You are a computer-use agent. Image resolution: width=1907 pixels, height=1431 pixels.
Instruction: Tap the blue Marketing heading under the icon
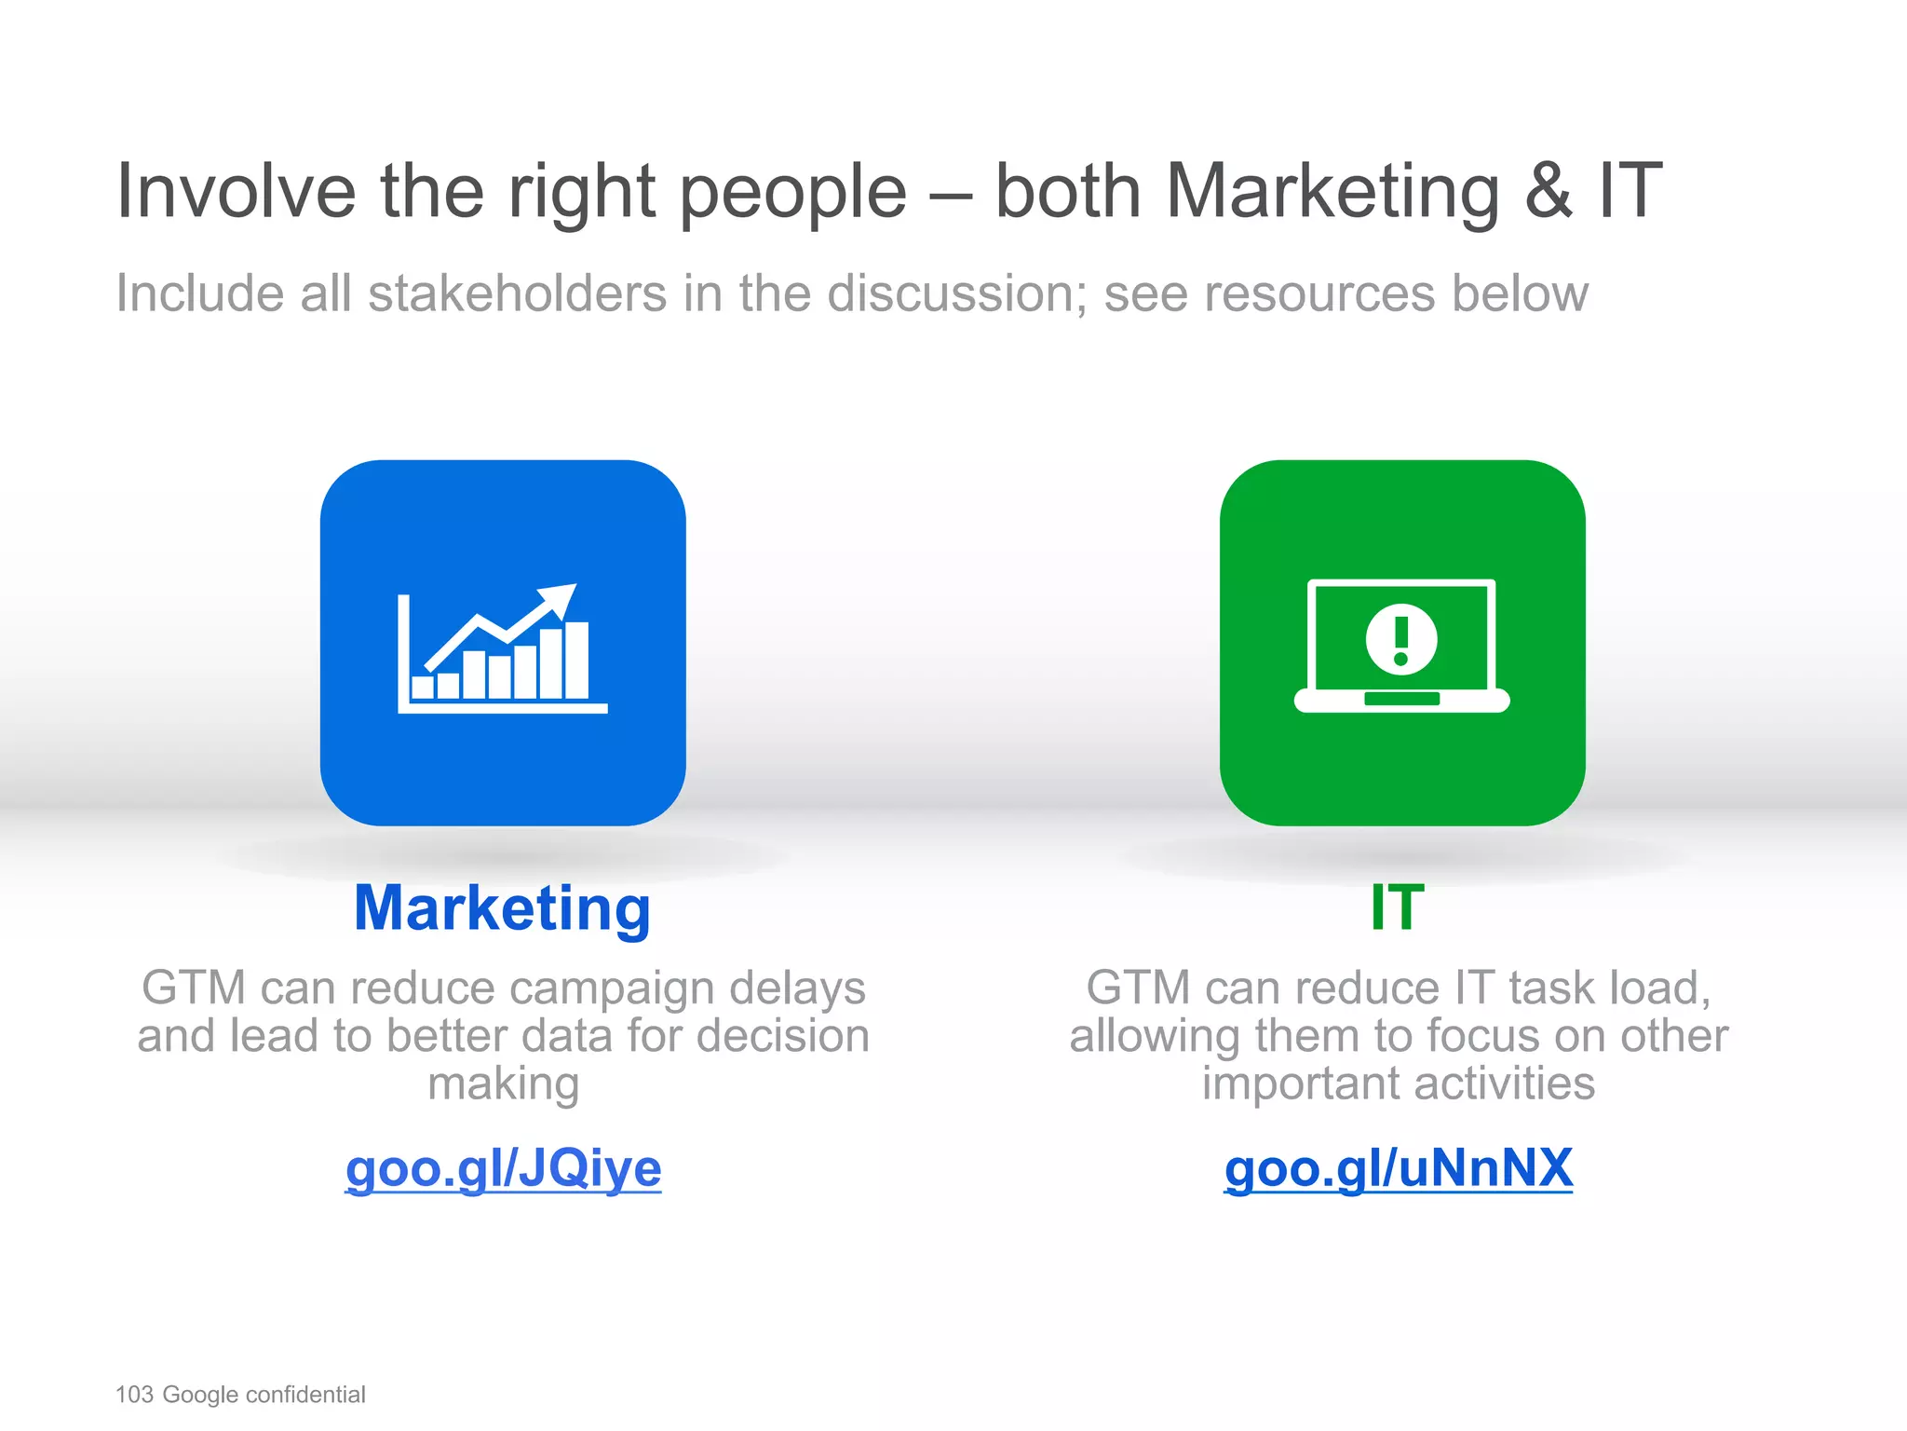tap(503, 908)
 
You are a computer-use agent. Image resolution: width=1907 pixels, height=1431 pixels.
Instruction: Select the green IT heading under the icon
tap(1398, 908)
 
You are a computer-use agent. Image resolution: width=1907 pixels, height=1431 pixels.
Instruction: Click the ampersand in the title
tap(1548, 191)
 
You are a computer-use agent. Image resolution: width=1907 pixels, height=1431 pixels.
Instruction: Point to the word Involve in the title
tap(237, 191)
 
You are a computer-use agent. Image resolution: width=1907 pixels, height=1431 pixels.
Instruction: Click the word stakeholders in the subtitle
tap(517, 293)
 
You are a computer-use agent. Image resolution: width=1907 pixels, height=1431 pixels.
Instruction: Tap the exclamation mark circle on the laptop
tap(1401, 639)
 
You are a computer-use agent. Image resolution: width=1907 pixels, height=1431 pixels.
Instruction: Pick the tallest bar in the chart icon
tap(576, 660)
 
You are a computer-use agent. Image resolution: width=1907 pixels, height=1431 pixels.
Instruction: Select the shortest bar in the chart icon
tap(423, 688)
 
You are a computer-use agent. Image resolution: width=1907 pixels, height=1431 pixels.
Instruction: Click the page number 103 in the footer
tap(134, 1395)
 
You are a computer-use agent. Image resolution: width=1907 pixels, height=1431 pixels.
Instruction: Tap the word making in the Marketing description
tap(503, 1084)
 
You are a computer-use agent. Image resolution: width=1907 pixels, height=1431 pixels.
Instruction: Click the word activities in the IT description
tap(1502, 1084)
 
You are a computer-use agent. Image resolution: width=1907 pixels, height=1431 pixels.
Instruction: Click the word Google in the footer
tap(200, 1395)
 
